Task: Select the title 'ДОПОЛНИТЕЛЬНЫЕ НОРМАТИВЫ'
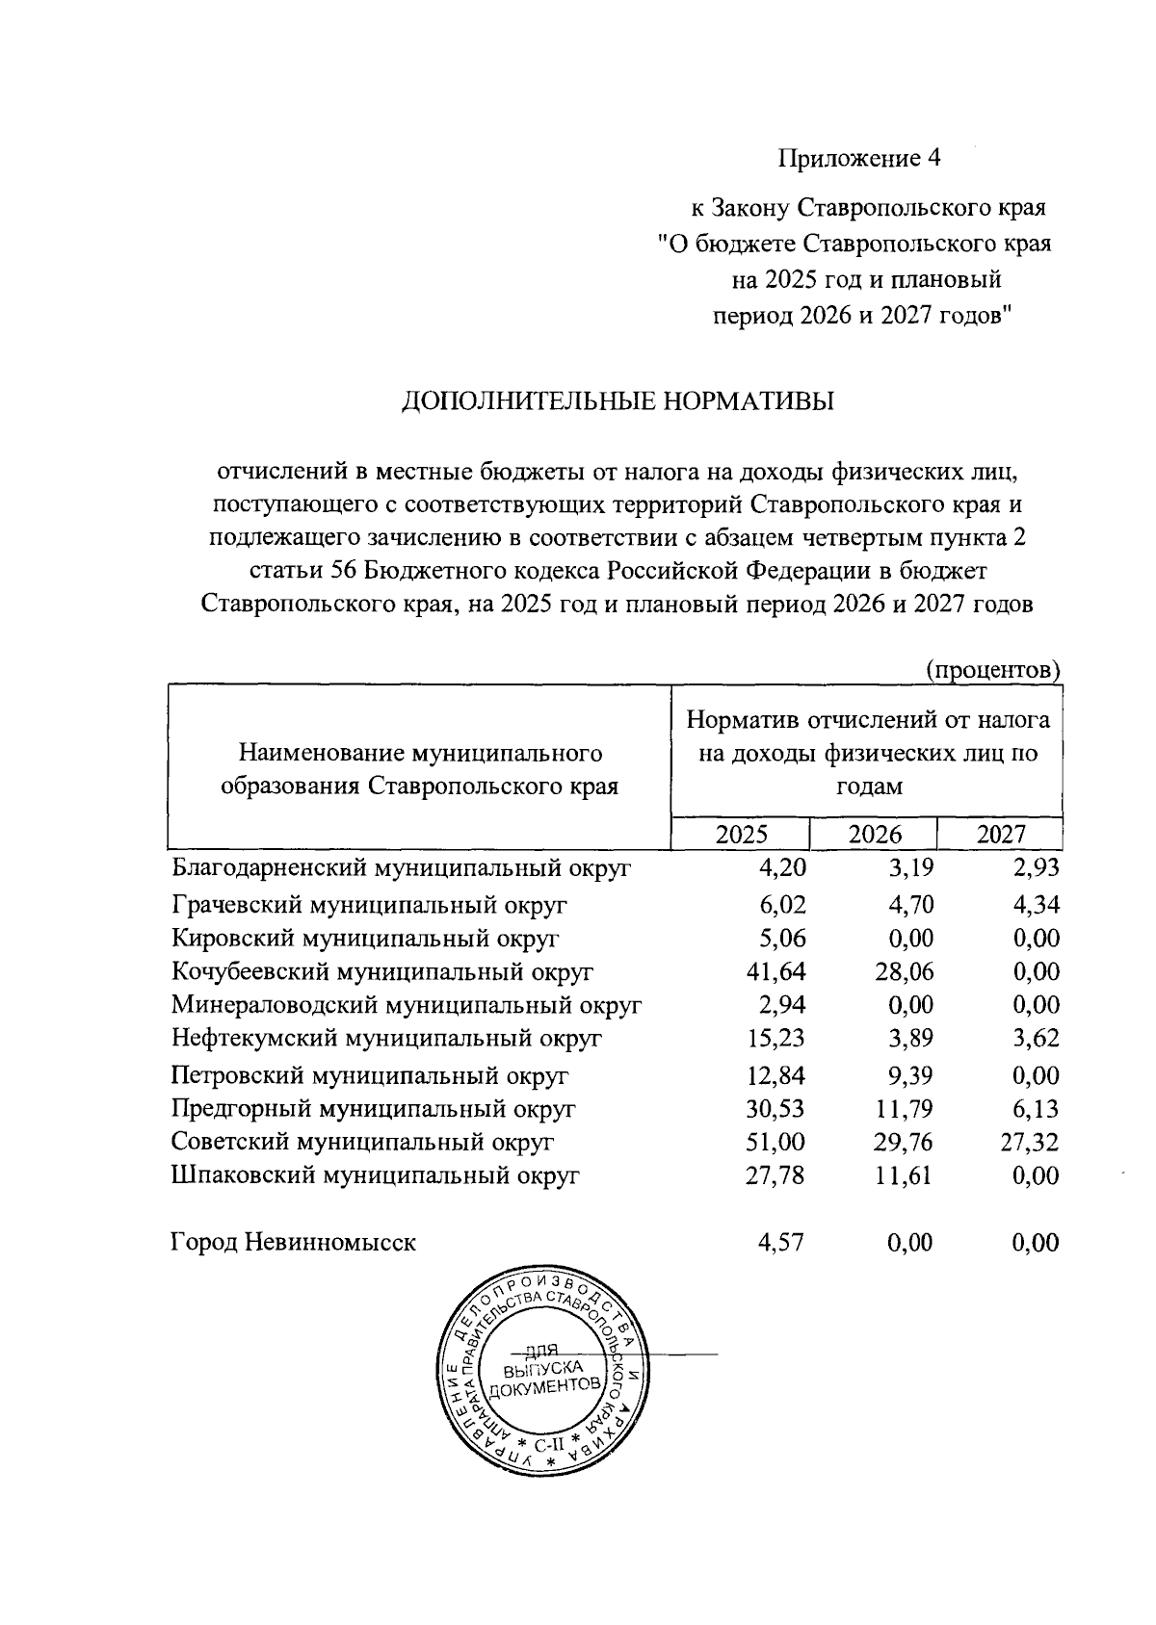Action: click(617, 400)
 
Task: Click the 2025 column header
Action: click(742, 834)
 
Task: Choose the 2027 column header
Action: click(1001, 834)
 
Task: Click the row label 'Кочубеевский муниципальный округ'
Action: click(381, 972)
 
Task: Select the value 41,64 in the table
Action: click(776, 972)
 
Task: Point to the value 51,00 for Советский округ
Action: click(776, 1142)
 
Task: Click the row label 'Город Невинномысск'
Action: click(294, 1242)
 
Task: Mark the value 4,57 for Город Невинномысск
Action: click(782, 1242)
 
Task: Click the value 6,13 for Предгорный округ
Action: click(1037, 1108)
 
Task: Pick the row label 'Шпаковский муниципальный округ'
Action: click(375, 1175)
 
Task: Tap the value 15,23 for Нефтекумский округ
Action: click(776, 1039)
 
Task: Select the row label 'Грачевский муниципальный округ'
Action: click(369, 905)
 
